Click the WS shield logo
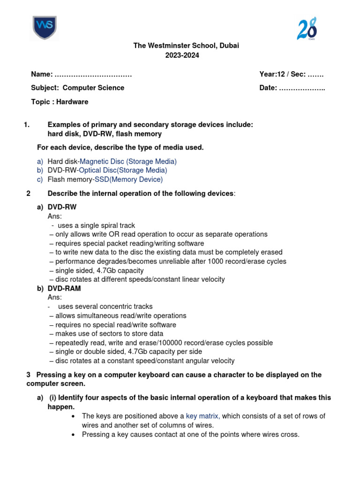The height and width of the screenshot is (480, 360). point(45,28)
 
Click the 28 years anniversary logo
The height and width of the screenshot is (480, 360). point(307,29)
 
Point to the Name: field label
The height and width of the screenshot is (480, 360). point(42,74)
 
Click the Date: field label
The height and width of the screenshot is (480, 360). point(268,88)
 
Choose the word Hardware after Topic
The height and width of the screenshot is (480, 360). point(72,102)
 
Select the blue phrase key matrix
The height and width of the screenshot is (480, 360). point(202,416)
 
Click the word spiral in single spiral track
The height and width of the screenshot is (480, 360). point(103,225)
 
